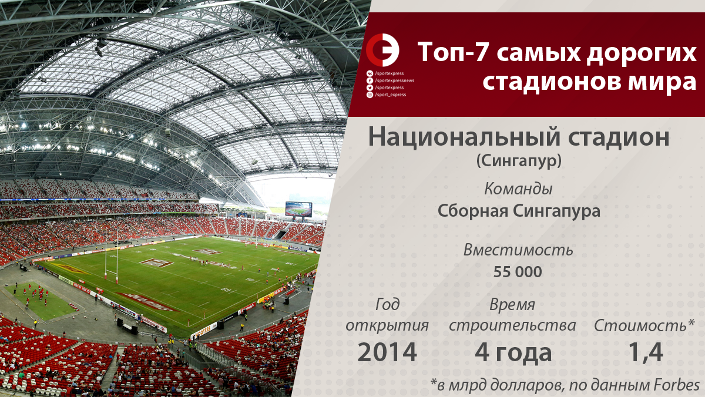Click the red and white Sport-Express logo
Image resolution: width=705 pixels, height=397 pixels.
(x=382, y=50)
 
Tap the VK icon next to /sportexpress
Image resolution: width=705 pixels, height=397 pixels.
(x=370, y=73)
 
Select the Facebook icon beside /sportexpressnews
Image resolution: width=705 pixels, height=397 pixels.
(x=370, y=80)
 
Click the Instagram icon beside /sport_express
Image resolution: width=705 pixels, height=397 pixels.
(x=370, y=95)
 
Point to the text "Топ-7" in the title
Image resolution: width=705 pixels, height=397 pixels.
(x=453, y=52)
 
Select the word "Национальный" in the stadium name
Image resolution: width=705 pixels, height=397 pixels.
(x=464, y=137)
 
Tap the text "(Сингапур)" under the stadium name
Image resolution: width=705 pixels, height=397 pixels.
(x=519, y=161)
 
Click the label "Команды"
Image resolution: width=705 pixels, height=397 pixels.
(x=518, y=189)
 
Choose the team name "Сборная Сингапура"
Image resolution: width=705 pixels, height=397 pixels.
(x=519, y=210)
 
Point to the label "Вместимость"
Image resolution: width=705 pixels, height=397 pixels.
(x=518, y=250)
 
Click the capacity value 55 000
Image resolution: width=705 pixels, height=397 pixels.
(x=518, y=272)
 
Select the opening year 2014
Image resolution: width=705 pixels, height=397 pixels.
(x=387, y=352)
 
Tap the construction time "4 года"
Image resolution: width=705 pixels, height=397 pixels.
(x=513, y=353)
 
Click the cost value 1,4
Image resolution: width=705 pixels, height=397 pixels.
(x=646, y=352)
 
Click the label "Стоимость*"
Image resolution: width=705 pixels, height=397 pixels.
(x=644, y=325)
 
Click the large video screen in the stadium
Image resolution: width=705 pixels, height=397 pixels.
(x=298, y=209)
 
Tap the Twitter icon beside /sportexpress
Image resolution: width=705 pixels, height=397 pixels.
(x=370, y=88)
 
